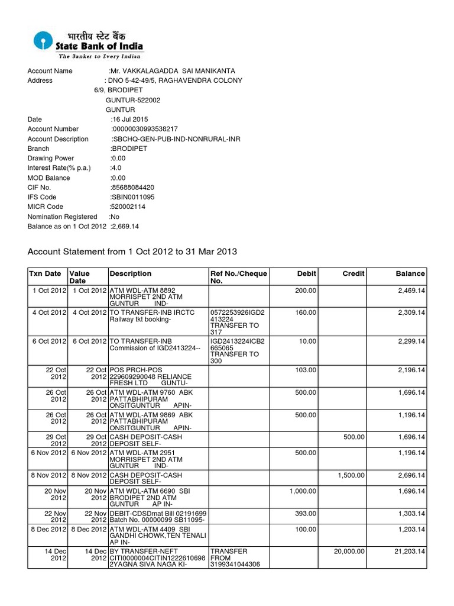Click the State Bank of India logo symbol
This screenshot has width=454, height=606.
(x=43, y=41)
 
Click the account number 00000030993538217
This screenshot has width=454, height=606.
(x=145, y=129)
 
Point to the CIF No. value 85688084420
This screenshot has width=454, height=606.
(x=132, y=188)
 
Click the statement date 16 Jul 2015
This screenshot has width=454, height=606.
(x=129, y=120)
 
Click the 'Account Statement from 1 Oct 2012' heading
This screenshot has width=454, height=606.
(x=132, y=252)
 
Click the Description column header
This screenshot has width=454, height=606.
(x=131, y=273)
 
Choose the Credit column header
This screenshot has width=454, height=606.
(x=354, y=273)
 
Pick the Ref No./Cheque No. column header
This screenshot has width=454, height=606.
(x=239, y=278)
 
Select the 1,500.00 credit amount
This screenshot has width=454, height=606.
(x=351, y=475)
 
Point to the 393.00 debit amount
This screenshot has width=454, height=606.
(x=305, y=513)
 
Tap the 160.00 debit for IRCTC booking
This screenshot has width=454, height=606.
(x=305, y=312)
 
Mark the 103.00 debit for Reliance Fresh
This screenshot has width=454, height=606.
(x=305, y=369)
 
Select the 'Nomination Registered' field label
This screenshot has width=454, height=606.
(x=62, y=217)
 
